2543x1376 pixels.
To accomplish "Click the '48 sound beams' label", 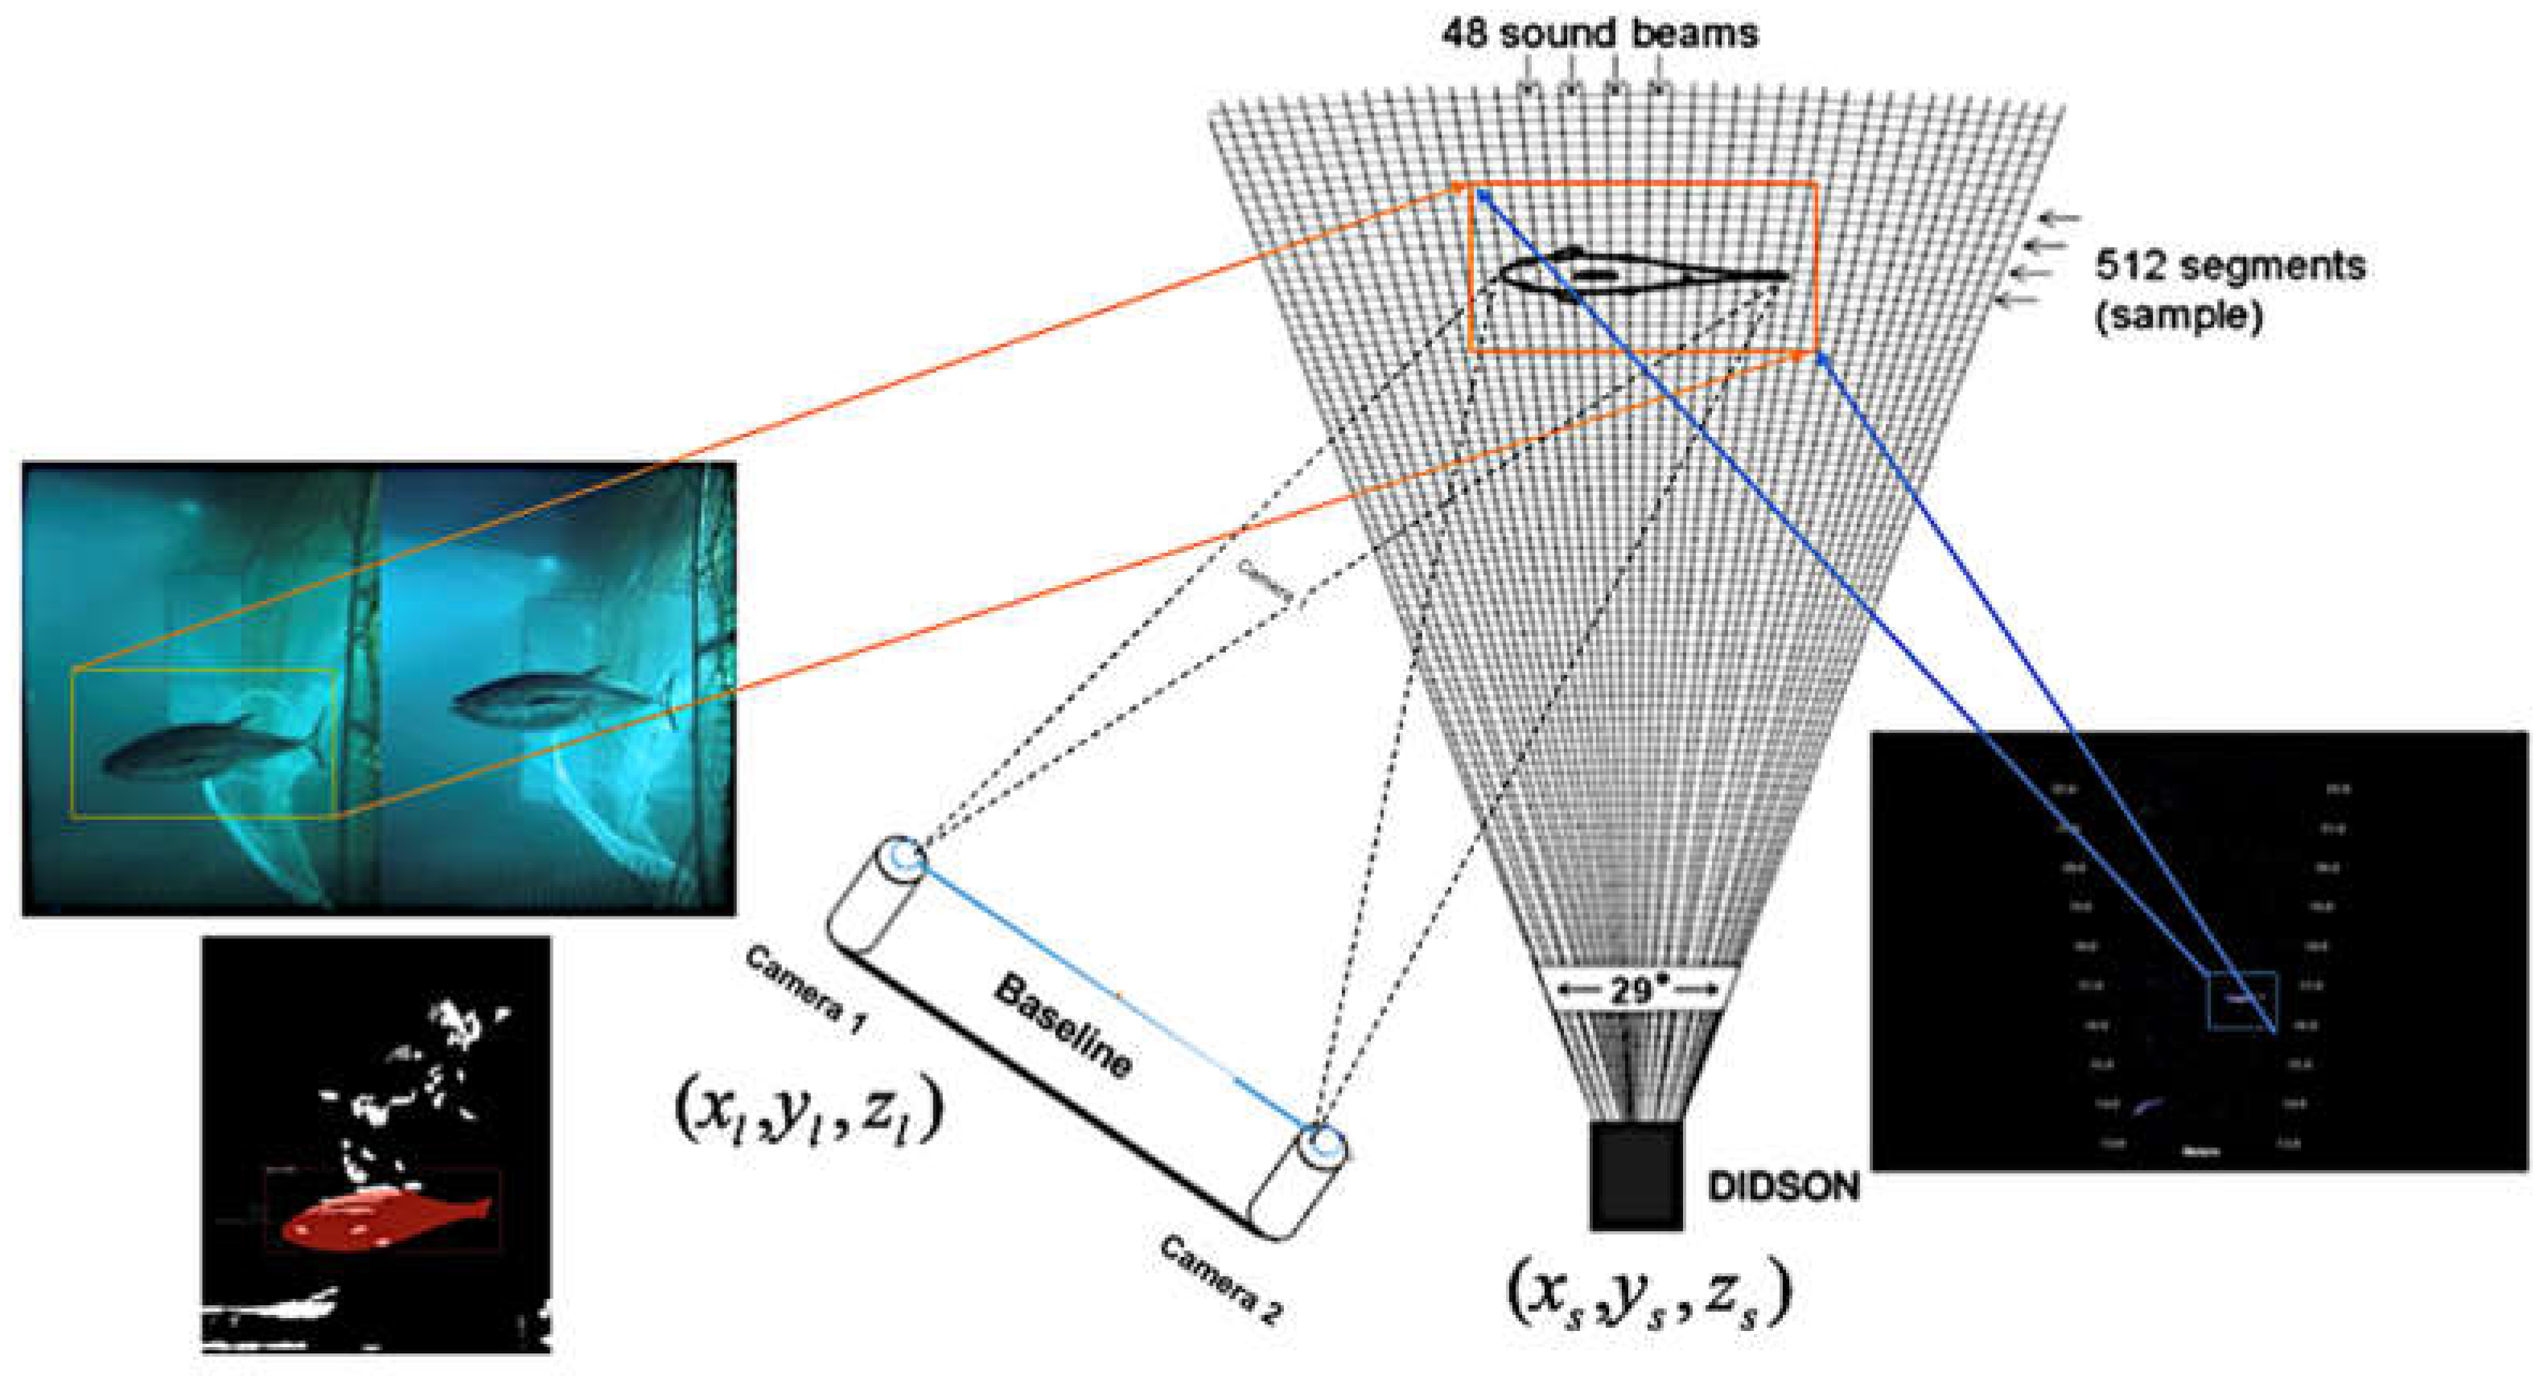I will (x=1599, y=35).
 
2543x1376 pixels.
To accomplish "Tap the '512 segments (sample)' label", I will (x=2230, y=290).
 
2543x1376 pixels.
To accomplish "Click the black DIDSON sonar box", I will (x=1636, y=1176).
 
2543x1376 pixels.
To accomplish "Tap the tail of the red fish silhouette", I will (x=479, y=1208).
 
